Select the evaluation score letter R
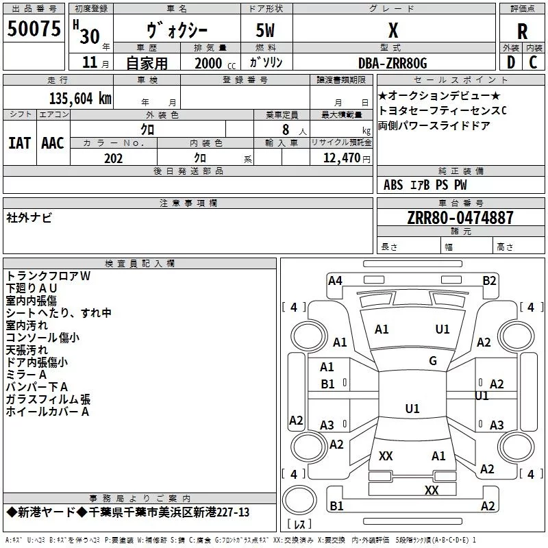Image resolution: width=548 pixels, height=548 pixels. tap(523, 32)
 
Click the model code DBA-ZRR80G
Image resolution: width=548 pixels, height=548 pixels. tap(393, 63)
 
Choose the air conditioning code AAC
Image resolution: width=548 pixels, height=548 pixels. tap(52, 142)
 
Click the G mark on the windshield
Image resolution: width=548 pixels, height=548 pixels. tap(433, 361)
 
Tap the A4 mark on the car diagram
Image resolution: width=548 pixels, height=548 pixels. tap(335, 280)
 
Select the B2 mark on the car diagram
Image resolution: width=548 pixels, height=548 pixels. tap(489, 280)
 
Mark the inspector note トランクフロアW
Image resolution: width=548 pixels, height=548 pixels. tap(48, 275)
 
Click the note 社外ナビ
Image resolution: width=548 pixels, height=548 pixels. tap(29, 218)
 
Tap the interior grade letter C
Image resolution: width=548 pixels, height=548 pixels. tap(533, 63)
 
